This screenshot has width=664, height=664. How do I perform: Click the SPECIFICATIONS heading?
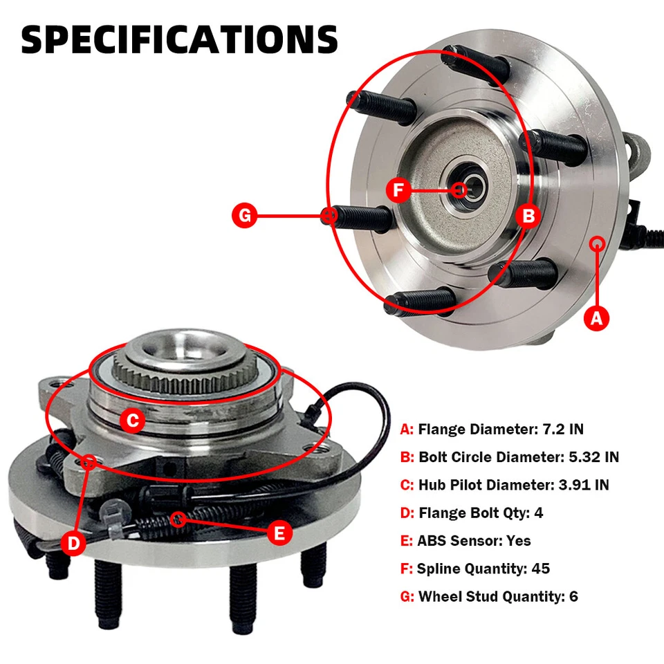(179, 39)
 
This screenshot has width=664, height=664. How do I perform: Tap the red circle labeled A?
(598, 318)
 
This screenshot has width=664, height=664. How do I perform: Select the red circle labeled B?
(528, 216)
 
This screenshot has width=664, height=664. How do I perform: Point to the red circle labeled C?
(133, 419)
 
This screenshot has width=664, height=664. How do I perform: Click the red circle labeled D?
(74, 544)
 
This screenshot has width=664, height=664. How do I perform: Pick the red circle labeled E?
(279, 533)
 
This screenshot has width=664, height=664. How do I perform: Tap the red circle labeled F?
(398, 190)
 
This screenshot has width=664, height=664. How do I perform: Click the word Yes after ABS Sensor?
(519, 541)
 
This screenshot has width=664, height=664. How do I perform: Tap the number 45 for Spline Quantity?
(541, 569)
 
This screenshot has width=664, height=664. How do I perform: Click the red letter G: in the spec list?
(407, 596)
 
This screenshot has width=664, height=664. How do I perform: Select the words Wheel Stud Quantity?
(490, 596)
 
